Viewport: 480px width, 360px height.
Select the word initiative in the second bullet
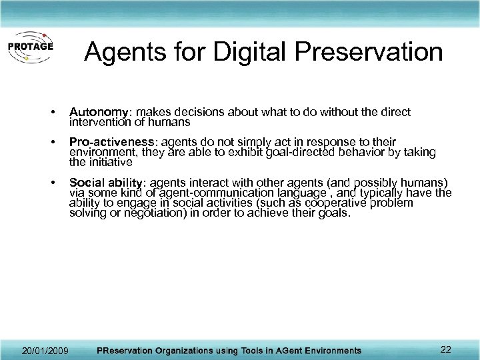tap(109, 162)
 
